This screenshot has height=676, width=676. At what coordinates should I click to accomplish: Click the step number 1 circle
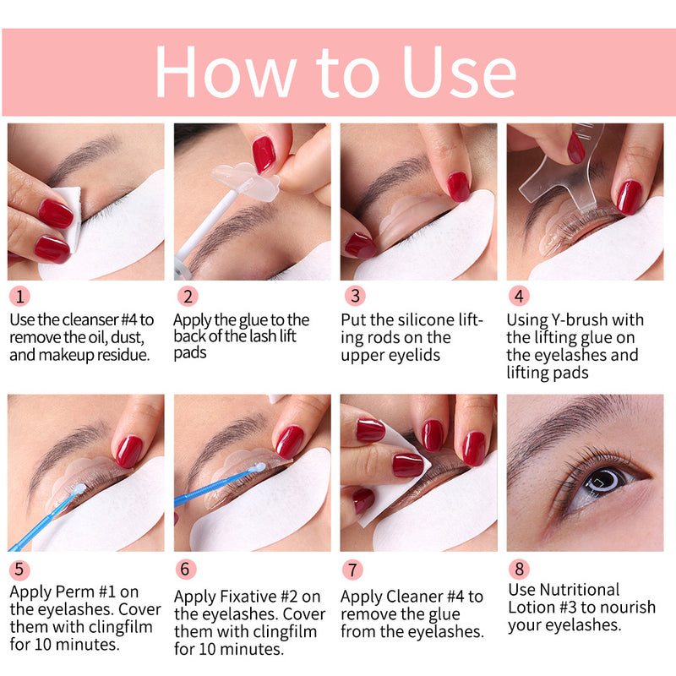pos(20,297)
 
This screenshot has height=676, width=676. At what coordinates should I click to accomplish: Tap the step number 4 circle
pos(520,297)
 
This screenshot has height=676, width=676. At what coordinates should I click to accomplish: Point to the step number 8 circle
pos(520,568)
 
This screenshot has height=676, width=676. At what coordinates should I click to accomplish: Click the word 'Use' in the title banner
pos(458,72)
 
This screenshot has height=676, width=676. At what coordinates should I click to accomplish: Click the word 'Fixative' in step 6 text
pos(243,597)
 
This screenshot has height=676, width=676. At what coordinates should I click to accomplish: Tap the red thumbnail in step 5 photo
pos(128,451)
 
